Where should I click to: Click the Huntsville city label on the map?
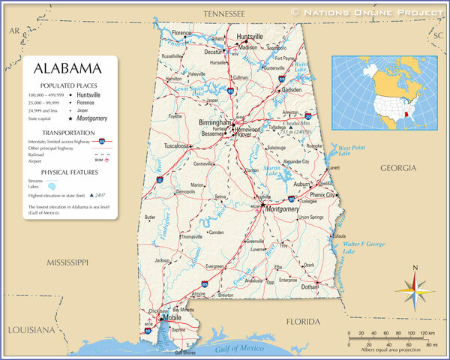coord(250,36)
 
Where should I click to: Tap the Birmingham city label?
coord(214,121)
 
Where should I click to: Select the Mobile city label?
coord(172,317)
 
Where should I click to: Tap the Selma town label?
coord(220,196)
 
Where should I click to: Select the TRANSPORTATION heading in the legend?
coord(68,133)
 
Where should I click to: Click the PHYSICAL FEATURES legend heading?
coord(68,172)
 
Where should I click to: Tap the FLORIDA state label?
coord(303,321)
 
